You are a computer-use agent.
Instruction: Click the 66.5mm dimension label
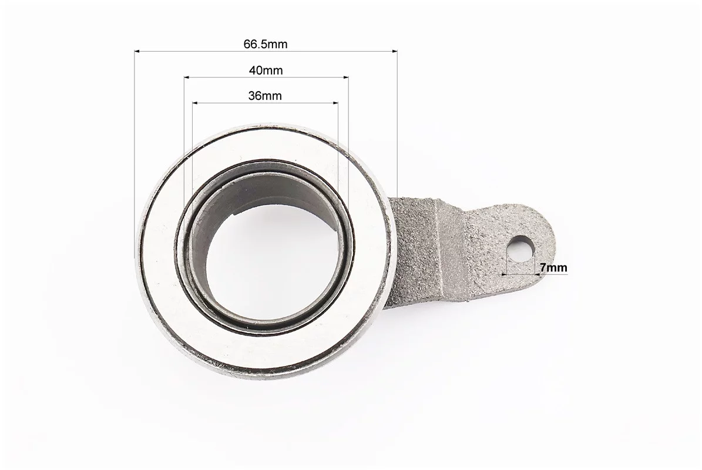click(x=266, y=44)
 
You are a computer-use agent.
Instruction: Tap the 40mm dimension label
click(x=266, y=70)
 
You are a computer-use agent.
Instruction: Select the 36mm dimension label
click(x=265, y=96)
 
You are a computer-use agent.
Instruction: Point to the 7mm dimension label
click(x=553, y=268)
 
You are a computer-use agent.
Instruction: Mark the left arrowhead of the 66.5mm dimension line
click(x=137, y=52)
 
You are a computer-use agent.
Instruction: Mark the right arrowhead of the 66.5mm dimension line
click(x=394, y=52)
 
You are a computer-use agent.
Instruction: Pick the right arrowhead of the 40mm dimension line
click(x=345, y=78)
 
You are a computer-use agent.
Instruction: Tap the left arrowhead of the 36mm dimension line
click(x=196, y=103)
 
